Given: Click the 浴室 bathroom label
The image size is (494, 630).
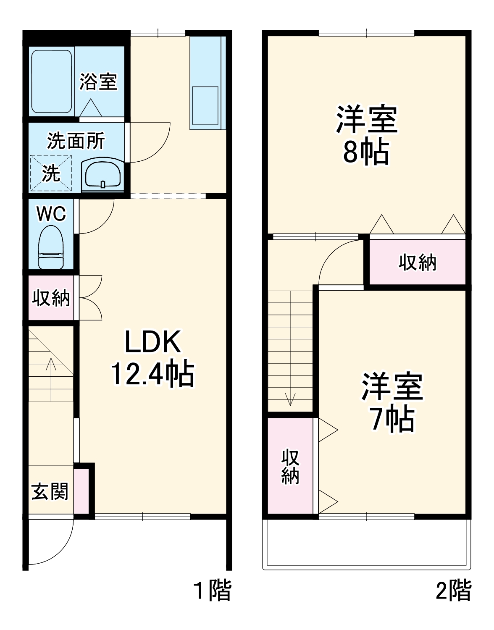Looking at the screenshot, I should pos(98,81).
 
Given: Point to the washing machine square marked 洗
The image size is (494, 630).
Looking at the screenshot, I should pos(51,173).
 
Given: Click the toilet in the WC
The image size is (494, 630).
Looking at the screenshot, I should pos(51,247).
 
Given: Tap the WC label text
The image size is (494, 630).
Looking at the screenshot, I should pos(51,214).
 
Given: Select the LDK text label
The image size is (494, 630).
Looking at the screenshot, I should pos(153,342).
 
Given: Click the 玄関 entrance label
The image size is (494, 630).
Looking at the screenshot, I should pos(50,491).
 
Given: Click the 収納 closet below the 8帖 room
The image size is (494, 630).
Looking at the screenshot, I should pos(418,262).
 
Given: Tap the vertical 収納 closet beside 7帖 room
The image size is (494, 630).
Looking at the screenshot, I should pos(290,466).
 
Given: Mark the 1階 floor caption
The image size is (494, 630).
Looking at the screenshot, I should pos(213,590).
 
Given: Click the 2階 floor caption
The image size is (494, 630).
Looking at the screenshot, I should pos(454,590).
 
